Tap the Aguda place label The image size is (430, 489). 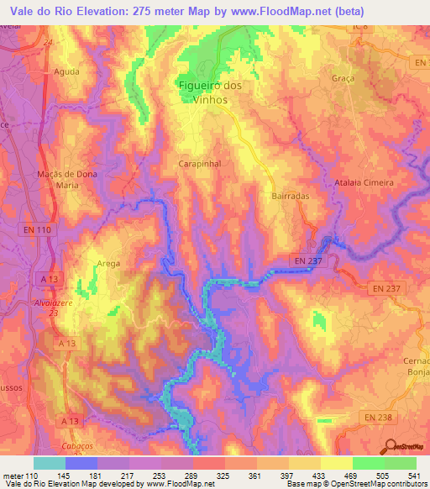(x=66, y=72)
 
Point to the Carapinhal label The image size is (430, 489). (x=200, y=166)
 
